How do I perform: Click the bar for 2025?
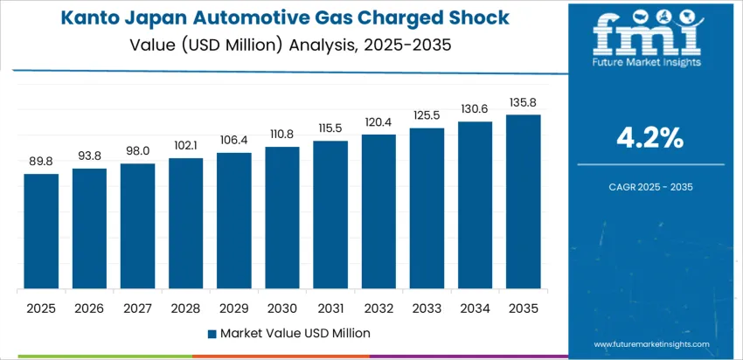(41, 232)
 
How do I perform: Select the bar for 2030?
(282, 218)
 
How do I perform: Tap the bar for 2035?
(523, 202)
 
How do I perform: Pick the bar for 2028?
(186, 224)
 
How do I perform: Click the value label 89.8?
(41, 162)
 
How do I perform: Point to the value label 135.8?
(523, 102)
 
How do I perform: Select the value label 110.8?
(282, 135)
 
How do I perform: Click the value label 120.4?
(378, 121)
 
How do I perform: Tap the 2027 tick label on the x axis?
(137, 308)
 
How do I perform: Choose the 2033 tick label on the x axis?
(427, 308)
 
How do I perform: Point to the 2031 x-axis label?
(330, 308)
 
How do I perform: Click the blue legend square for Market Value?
(212, 333)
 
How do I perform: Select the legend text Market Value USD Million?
(295, 333)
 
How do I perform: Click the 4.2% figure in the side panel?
(650, 137)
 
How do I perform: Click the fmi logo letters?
(646, 36)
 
